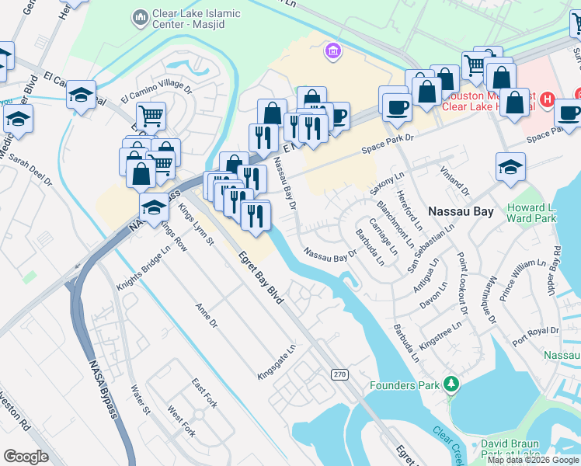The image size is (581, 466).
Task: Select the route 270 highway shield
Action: pyautogui.click(x=339, y=375)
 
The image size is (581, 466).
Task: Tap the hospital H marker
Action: pyautogui.click(x=547, y=99)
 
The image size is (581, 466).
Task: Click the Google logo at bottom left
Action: pyautogui.click(x=26, y=457)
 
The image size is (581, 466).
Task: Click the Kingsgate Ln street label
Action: pyautogui.click(x=277, y=363)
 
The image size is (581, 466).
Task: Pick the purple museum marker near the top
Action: pyautogui.click(x=332, y=51)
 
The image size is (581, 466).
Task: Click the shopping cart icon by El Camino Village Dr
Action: pyautogui.click(x=151, y=116)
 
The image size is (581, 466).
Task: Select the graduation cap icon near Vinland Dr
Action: pyautogui.click(x=510, y=167)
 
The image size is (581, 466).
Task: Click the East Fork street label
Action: pyautogui.click(x=204, y=392)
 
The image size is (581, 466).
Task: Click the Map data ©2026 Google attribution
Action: pyautogui.click(x=533, y=460)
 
